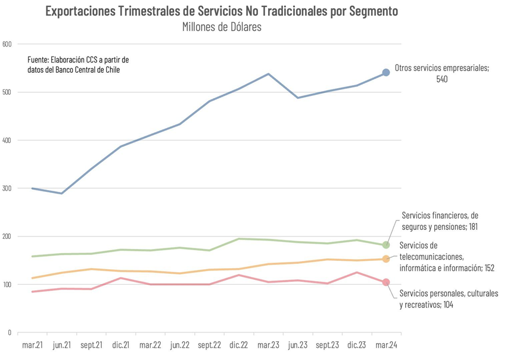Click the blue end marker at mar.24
click(385, 72)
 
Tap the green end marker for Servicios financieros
click(385, 245)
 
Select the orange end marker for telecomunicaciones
click(385, 259)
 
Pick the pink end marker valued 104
click(385, 282)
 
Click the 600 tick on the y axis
click(7, 44)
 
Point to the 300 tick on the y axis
click(7, 188)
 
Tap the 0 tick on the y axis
click(10, 332)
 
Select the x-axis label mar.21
click(32, 345)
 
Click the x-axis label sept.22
click(209, 345)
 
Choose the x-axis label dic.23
click(356, 345)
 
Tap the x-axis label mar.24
click(385, 345)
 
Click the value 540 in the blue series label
click(442, 79)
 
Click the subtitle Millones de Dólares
click(222, 27)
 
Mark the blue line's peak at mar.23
click(268, 74)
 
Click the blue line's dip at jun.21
click(61, 193)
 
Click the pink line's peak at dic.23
click(356, 272)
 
